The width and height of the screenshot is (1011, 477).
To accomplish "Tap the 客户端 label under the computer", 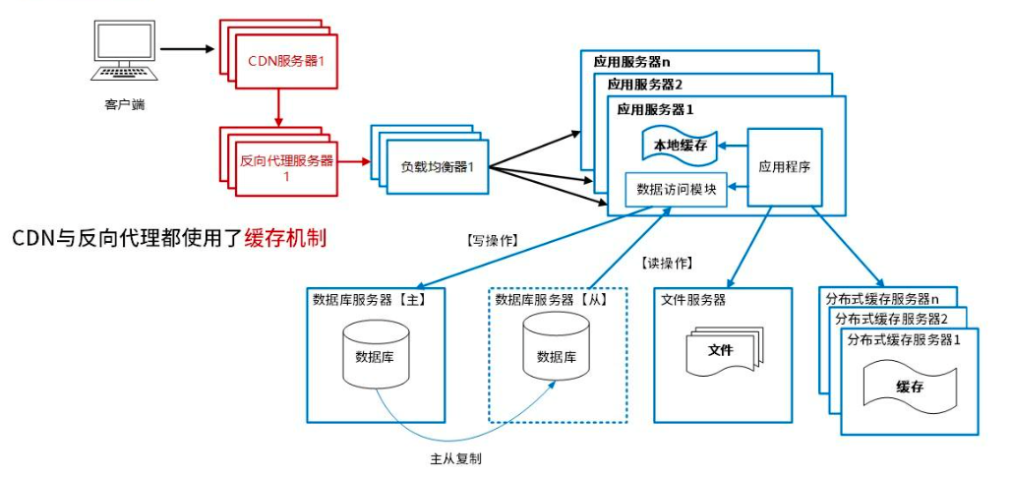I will point(125,104).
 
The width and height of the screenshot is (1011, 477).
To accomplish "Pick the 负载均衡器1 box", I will point(430,166).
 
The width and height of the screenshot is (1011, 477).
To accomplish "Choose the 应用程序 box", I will point(784,166).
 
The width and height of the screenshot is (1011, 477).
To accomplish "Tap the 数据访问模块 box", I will point(676,189).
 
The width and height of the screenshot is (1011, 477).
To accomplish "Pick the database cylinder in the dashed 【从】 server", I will point(556,355).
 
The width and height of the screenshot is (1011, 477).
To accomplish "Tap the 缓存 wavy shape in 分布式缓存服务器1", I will point(909,387).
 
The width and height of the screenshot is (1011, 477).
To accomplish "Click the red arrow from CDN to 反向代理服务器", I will point(279,105).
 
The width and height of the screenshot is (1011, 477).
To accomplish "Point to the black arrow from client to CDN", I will point(187,48).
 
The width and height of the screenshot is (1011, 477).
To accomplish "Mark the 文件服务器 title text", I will point(694,299).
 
